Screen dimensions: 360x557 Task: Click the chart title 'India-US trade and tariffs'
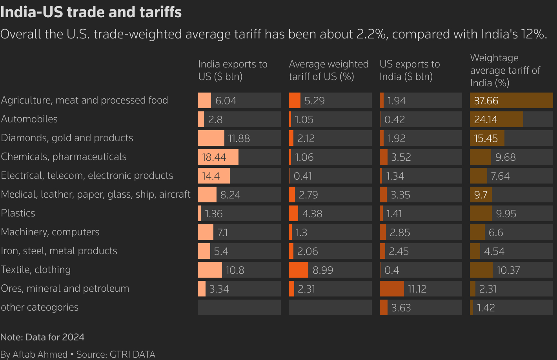[x=91, y=12]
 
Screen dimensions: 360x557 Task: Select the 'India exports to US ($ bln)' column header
[x=233, y=70]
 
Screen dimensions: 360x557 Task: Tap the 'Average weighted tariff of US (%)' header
[x=329, y=70]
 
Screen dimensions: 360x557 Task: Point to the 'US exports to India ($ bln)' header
[x=410, y=70]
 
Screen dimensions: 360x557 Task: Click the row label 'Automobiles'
[x=29, y=119]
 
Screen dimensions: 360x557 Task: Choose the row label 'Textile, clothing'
[x=36, y=269]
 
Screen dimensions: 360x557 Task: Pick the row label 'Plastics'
[x=18, y=213]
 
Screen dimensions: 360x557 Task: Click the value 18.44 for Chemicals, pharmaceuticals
[x=214, y=157]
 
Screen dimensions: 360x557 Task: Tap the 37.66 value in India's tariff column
[x=486, y=101]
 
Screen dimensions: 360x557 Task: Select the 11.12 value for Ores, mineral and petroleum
[x=417, y=289]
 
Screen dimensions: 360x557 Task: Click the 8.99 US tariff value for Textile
[x=323, y=270]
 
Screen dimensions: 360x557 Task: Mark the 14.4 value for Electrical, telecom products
[x=211, y=176]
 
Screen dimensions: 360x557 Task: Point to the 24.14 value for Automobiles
[x=486, y=120]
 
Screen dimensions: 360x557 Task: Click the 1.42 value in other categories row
[x=486, y=308]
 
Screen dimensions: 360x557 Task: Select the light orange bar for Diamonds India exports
[x=211, y=138]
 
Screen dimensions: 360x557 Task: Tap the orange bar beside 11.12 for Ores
[x=391, y=289]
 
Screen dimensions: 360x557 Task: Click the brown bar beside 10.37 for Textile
[x=481, y=270]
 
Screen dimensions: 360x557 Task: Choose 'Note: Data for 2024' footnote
[x=42, y=337]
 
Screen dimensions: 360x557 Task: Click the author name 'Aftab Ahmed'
[x=40, y=355]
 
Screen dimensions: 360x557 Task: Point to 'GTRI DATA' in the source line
[x=132, y=355]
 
